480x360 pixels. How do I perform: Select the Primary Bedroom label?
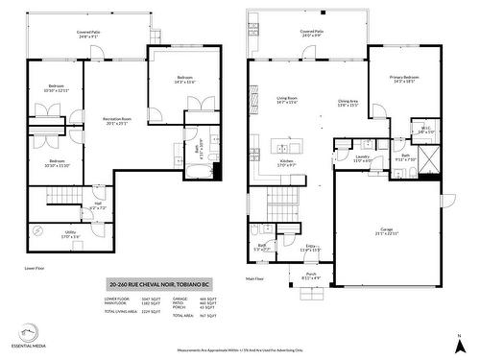point(403,79)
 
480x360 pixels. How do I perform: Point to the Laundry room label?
point(363,157)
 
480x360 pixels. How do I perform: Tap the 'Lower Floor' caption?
point(35,270)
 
